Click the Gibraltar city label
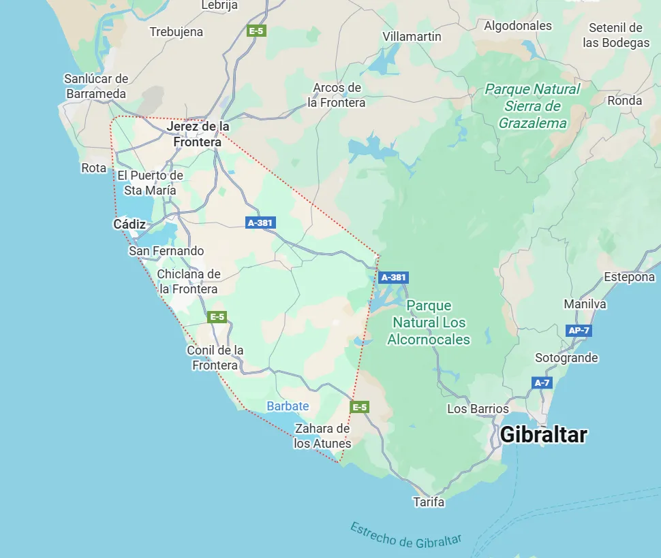(543, 435)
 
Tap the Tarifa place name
(429, 502)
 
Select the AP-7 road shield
(579, 331)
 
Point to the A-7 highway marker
(542, 383)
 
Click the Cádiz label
(129, 224)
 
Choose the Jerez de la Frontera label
(198, 134)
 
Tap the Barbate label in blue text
(288, 406)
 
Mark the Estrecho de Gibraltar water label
(405, 535)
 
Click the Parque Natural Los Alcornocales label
(429, 323)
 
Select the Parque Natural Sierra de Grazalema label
(532, 105)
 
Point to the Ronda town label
(625, 101)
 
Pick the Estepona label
(629, 277)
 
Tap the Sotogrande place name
(566, 358)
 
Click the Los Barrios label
(478, 409)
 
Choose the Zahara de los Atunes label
(322, 436)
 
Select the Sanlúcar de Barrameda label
(96, 86)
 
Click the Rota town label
(93, 168)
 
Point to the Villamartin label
(412, 37)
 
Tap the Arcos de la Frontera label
(337, 95)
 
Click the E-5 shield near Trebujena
(256, 31)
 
